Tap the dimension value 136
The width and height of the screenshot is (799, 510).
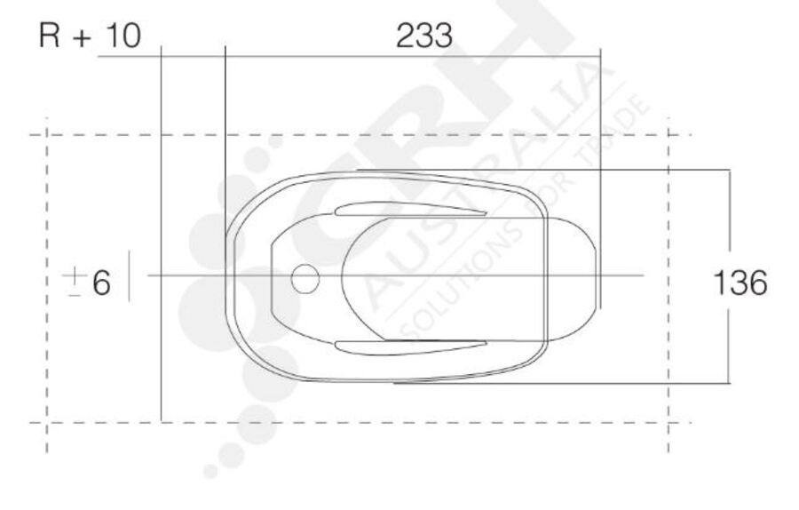point(740,283)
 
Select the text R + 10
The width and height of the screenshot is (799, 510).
point(90,36)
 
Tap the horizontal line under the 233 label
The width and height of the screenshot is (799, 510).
point(355,56)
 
